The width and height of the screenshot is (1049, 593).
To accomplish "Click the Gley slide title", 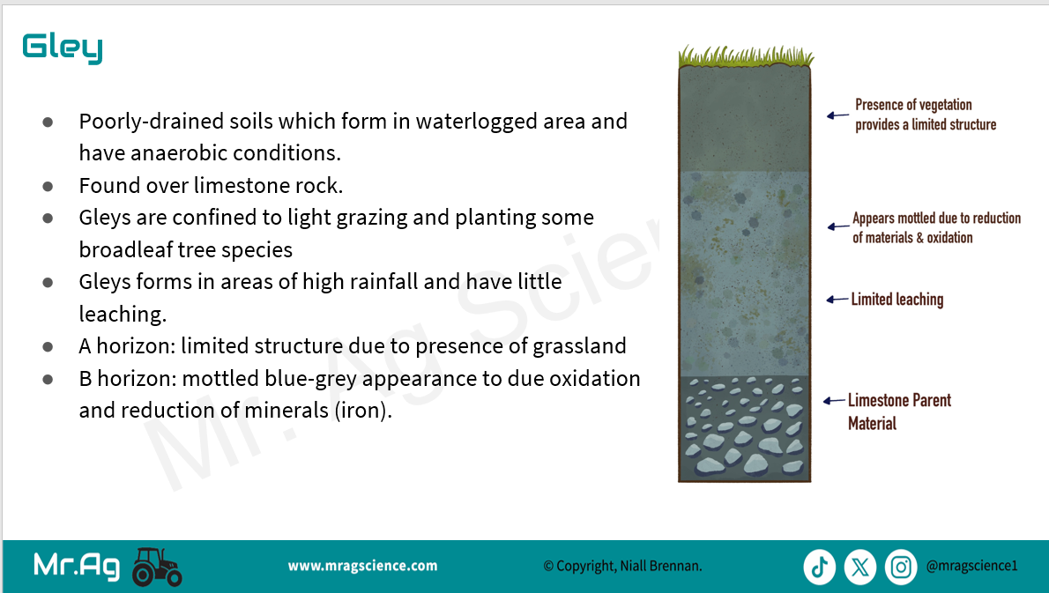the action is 63,48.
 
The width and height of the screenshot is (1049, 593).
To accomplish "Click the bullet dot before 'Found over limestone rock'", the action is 48,187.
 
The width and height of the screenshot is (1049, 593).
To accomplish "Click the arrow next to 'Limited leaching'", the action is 837,300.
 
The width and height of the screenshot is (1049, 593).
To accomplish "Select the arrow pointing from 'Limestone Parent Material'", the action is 834,400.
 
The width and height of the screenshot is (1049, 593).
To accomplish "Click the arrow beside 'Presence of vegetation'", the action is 837,115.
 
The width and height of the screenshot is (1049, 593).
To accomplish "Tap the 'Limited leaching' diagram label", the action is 897,300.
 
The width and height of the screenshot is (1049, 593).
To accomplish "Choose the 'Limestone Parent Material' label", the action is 899,411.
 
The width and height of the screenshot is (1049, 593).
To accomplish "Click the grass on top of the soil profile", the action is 745,56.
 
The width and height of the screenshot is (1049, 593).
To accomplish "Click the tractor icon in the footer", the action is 157,567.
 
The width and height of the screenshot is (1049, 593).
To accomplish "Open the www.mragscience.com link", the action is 362,567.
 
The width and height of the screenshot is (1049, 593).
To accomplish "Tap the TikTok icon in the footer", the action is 820,567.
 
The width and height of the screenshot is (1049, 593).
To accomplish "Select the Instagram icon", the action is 901,567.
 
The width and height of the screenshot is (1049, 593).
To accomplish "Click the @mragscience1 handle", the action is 972,567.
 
